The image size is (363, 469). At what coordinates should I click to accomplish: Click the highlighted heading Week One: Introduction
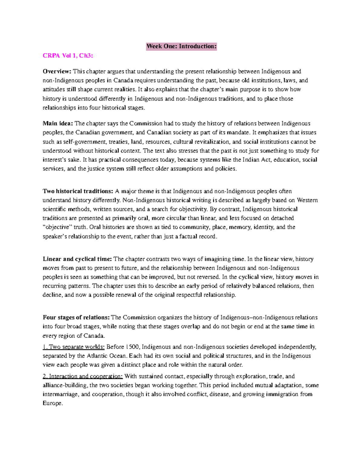[x=181, y=46]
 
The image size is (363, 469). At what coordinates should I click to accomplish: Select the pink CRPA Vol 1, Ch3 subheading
[x=68, y=56]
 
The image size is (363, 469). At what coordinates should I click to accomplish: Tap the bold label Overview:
[x=57, y=72]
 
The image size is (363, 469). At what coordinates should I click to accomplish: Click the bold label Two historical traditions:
[x=78, y=191]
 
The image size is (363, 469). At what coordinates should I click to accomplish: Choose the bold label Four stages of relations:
[x=76, y=317]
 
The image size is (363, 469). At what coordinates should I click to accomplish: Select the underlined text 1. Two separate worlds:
[x=74, y=347]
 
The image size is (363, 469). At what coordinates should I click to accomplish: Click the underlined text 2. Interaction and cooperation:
[x=83, y=376]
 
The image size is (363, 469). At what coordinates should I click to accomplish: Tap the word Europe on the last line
[x=52, y=403]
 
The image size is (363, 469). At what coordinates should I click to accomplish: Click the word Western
[x=307, y=200]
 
